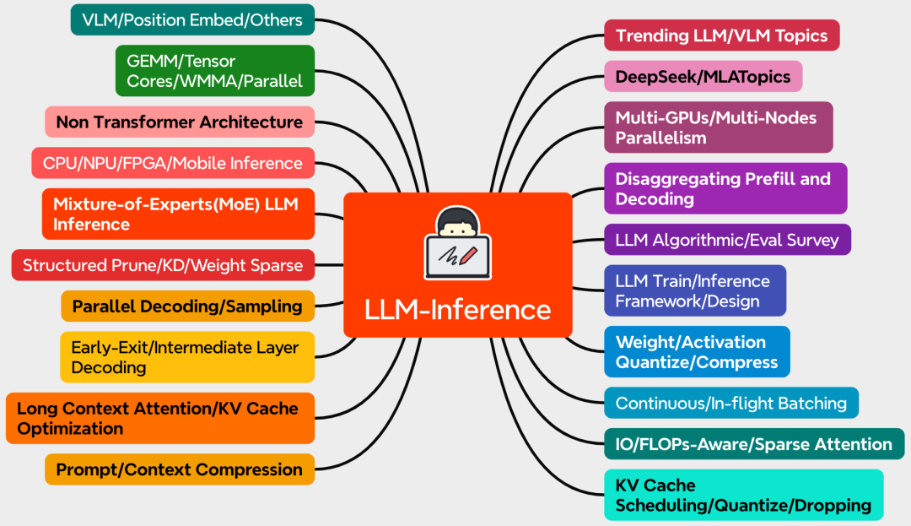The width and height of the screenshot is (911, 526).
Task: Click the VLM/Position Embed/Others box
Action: coord(192,19)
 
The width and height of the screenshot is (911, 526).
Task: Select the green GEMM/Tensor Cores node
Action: coord(214,72)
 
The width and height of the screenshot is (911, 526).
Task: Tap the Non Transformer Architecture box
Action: coord(179,122)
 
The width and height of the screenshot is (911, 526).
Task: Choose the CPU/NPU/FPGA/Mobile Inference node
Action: coord(172,163)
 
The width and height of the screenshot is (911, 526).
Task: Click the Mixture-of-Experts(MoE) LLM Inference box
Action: coord(177,214)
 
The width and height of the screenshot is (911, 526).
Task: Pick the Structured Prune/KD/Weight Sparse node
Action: coord(163,265)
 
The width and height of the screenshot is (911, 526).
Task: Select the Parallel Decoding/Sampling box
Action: coord(187,306)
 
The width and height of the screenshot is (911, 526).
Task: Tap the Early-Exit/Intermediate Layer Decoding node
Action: coord(186,357)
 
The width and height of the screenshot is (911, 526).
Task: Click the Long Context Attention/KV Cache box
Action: coord(159,418)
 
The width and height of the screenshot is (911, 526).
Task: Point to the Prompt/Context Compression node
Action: coord(179,469)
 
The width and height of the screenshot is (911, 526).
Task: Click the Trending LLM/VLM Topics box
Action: coord(721,35)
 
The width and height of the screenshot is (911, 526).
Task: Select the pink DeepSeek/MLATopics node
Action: coord(703,76)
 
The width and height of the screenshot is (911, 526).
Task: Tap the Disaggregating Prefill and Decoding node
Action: coord(725,188)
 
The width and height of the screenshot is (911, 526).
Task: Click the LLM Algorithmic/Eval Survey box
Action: coord(727,240)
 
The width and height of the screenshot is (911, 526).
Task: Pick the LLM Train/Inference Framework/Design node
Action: coord(694,290)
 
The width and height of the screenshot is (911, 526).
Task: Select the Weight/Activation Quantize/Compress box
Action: coord(697,351)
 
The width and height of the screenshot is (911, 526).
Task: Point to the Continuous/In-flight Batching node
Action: coord(730,403)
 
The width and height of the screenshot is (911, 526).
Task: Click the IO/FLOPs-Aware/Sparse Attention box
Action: coord(753,444)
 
